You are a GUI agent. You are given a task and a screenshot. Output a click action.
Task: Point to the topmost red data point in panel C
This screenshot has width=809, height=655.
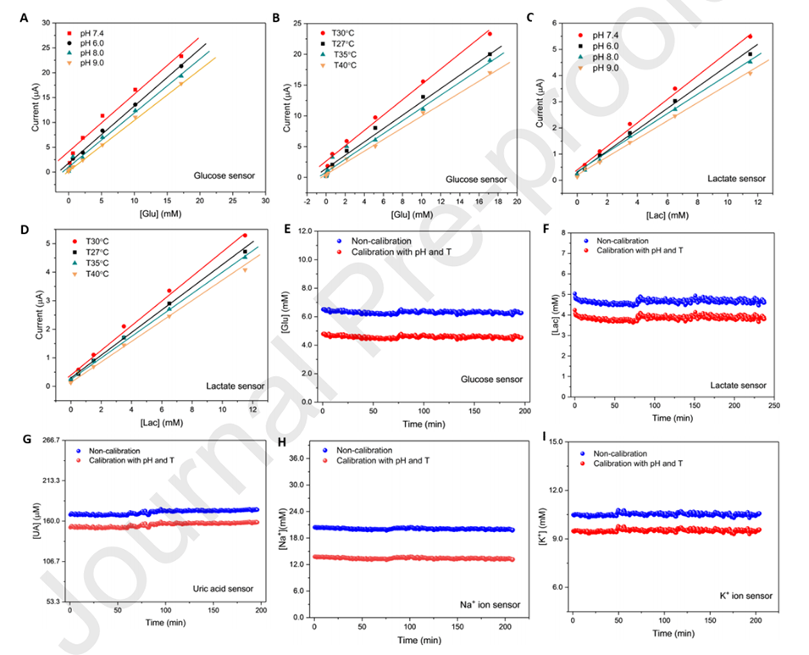pos(750,36)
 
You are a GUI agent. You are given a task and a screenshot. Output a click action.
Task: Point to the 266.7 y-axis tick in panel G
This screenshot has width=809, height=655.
pos(53,440)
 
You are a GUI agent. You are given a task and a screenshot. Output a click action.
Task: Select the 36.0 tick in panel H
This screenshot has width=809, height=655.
pos(296,458)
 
